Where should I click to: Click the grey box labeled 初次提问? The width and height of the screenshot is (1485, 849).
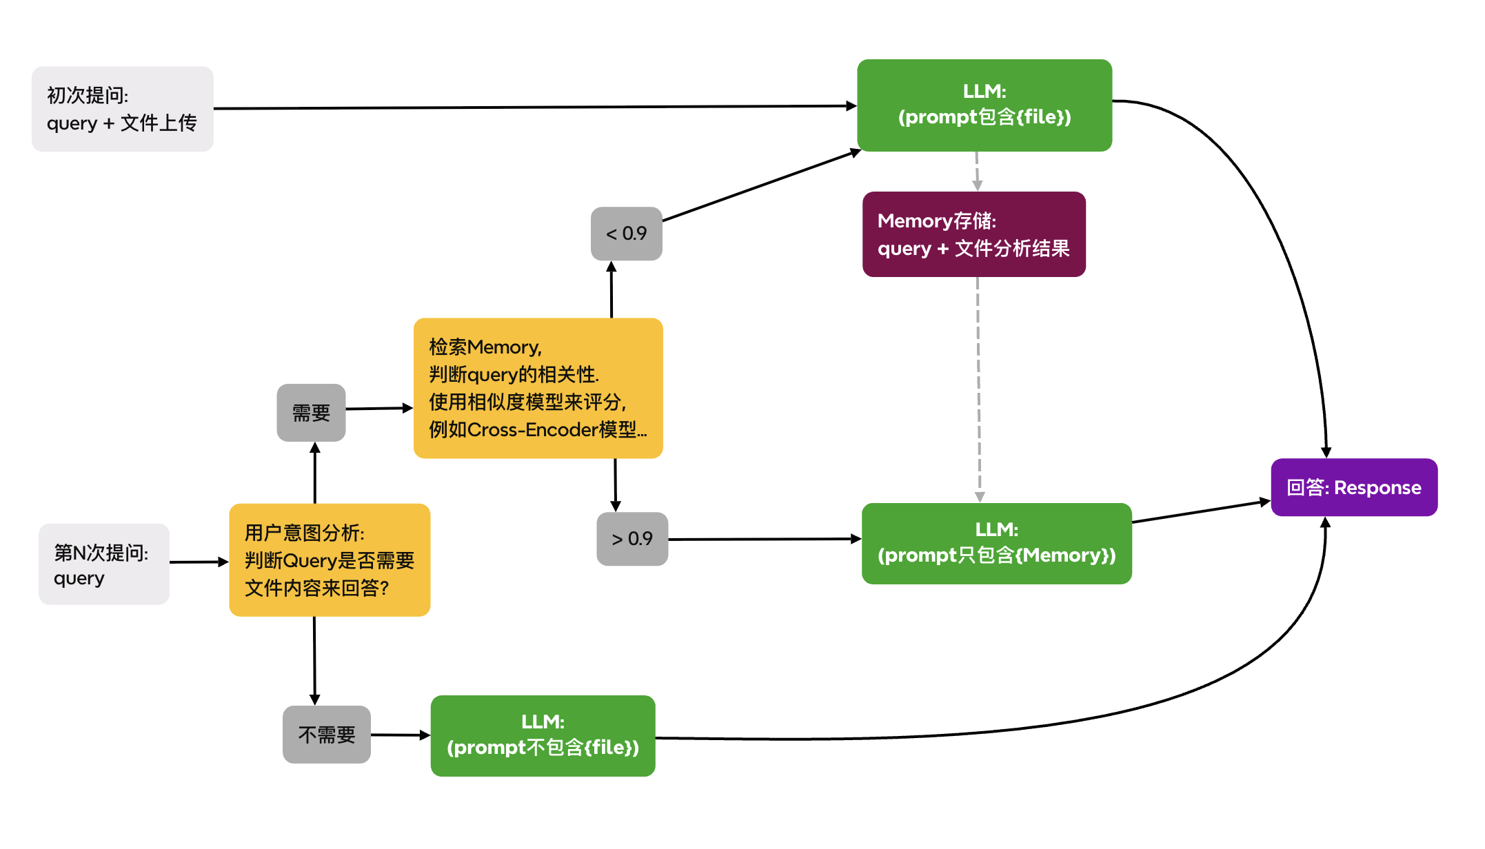point(122,109)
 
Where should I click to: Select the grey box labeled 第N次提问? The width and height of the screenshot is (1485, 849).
point(103,564)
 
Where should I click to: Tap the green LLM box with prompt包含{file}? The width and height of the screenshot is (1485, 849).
point(984,105)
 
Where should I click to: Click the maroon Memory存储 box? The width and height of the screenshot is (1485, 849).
point(973,234)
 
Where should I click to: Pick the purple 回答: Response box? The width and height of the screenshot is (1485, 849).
point(1353,487)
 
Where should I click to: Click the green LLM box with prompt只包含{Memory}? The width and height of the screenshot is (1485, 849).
point(996,543)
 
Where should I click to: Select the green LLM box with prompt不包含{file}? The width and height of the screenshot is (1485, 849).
point(543,735)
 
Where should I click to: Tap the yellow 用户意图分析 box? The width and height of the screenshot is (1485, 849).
point(330,560)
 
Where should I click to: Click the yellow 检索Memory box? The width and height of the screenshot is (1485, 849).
point(538,388)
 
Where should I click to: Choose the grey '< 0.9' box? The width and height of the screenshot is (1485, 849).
point(626,234)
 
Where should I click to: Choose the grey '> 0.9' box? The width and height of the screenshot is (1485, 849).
point(632,539)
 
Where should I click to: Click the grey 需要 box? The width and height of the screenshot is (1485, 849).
point(311,413)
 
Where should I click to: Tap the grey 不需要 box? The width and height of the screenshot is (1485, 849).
point(326,735)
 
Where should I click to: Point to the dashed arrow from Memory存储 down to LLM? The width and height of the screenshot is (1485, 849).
point(978,386)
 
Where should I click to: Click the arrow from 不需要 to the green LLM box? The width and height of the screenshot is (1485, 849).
point(400,735)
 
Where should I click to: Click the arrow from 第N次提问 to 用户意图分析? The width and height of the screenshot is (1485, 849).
point(199,562)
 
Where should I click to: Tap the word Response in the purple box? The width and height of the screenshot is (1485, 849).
point(1377,488)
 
